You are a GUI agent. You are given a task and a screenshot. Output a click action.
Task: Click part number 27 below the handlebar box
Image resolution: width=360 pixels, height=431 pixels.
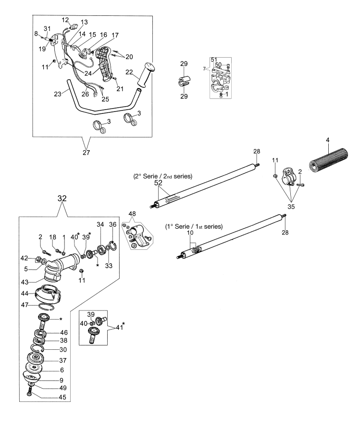pyautogui.click(x=86, y=152)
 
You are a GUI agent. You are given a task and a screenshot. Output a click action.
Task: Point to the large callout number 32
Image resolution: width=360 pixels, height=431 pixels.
pyautogui.click(x=62, y=198)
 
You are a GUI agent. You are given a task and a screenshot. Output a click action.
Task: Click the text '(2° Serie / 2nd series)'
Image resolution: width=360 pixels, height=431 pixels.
pyautogui.click(x=163, y=176)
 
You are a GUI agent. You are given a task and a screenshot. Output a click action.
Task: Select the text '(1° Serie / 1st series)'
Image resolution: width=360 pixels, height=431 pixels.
pyautogui.click(x=194, y=226)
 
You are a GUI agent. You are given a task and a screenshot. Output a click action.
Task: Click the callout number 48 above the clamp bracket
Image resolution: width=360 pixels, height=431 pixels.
pyautogui.click(x=132, y=213)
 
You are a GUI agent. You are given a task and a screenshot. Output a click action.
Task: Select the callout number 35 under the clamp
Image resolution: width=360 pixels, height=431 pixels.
pyautogui.click(x=291, y=206)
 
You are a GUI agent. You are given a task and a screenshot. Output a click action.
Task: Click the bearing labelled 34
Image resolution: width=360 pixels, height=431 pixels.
pyautogui.click(x=102, y=250)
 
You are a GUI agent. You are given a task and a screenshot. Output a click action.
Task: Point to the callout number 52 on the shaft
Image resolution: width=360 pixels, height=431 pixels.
pyautogui.click(x=159, y=183)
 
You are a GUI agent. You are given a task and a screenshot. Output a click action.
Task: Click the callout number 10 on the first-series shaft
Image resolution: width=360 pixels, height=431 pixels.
pyautogui.click(x=190, y=233)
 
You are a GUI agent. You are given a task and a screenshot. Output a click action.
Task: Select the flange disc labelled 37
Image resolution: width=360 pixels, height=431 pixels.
pyautogui.click(x=36, y=359)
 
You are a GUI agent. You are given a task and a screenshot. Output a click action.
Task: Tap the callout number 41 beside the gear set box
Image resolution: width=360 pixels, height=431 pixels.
pyautogui.click(x=119, y=327)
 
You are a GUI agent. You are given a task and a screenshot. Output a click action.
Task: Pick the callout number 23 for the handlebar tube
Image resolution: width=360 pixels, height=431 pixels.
pyautogui.click(x=58, y=94)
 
